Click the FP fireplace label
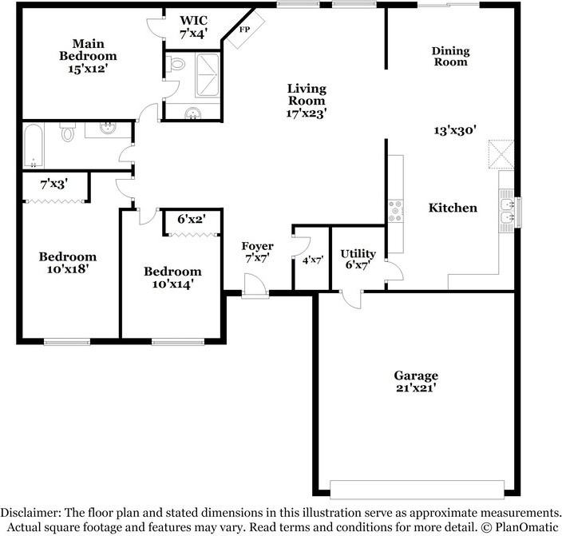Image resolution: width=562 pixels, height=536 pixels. tap(245, 30)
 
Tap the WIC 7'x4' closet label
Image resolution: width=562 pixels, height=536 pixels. tap(193, 26)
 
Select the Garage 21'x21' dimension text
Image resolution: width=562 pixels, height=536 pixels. tap(416, 388)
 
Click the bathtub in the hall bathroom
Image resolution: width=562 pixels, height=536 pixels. tap(34, 145)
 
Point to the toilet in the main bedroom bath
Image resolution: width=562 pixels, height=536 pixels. tap(176, 64)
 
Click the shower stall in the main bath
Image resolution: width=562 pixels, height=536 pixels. tap(208, 75)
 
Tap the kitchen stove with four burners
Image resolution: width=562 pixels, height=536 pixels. tap(396, 212)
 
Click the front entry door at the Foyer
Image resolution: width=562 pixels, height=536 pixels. tap(255, 286)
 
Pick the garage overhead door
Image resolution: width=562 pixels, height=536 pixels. tap(418, 490)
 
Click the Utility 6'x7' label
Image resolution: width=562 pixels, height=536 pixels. tap(358, 259)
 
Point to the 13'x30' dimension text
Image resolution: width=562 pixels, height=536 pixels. tap(455, 130)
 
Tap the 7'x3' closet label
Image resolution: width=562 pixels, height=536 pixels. tap(54, 185)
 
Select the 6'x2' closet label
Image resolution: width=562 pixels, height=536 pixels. tap(192, 219)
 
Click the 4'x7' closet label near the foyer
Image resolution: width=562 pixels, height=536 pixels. tap(313, 260)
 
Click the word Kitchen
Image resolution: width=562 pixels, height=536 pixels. tap(453, 208)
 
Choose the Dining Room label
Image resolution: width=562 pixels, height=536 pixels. tap(450, 57)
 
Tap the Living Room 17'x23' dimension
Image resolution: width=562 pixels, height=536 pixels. tap(307, 113)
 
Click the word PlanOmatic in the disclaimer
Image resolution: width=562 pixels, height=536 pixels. tap(527, 527)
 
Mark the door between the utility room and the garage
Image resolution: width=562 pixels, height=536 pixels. tap(352, 299)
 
